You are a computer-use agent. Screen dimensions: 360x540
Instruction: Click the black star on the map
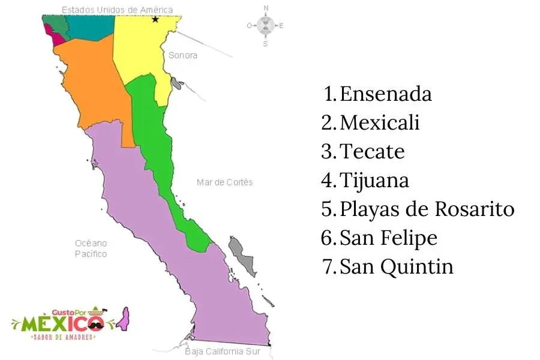point(155,19)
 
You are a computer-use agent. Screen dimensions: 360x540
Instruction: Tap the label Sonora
point(182,55)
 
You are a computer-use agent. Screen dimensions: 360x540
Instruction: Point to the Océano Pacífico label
point(91,248)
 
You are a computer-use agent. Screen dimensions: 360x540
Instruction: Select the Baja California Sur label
point(223,351)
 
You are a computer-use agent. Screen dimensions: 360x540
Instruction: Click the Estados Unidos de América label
point(118,10)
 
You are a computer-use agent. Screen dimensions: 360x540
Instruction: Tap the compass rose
point(265,25)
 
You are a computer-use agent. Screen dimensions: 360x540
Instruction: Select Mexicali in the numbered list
point(379,123)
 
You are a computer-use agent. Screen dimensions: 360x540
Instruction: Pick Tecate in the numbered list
point(372,151)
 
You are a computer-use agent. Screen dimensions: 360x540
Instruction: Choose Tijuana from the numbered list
point(374,180)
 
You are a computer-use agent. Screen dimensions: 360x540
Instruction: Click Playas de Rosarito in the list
point(427,209)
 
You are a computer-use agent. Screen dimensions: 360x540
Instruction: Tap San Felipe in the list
point(388,238)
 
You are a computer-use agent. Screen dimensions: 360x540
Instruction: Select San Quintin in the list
point(396,266)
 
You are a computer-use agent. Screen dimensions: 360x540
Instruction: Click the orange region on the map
point(95,84)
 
